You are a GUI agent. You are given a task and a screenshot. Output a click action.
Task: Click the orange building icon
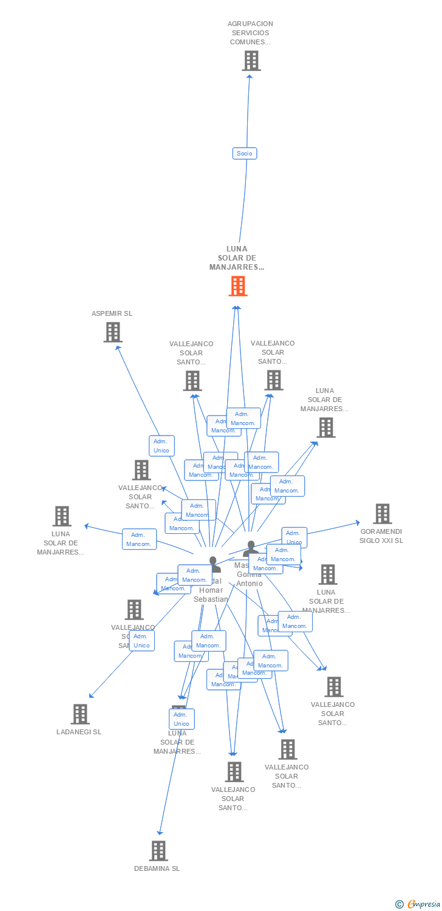pos(238,286)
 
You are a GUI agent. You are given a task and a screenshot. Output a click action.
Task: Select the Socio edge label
pos(245,154)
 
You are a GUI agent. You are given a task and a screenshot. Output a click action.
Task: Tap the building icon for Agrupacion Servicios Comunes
pos(251,61)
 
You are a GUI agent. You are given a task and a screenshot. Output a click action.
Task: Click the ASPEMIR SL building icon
pos(112,332)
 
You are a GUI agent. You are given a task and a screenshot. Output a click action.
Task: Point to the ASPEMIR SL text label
pos(112,314)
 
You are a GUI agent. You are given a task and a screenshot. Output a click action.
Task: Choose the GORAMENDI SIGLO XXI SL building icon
pos(382,514)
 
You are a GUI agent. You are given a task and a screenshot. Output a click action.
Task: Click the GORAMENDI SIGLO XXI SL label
pos(381,536)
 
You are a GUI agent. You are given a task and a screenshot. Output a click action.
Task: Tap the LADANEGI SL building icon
pos(80,714)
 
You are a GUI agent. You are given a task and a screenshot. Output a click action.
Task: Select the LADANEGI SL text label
pos(79,732)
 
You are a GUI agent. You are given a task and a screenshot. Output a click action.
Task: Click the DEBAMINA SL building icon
pos(158,851)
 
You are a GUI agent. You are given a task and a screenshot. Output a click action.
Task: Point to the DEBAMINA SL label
pos(157,868)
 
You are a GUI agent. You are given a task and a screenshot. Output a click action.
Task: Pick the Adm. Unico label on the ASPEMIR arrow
pos(161,446)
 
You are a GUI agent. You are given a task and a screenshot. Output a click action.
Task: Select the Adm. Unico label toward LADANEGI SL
pos(141,641)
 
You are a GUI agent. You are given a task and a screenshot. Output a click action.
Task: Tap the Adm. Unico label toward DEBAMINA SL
pos(182,719)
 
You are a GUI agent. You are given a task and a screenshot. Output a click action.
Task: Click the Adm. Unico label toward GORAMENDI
pos(294,537)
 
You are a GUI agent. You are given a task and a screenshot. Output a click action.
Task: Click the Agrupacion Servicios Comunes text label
pos(250,33)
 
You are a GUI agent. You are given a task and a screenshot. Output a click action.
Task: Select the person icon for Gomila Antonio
pos(250,549)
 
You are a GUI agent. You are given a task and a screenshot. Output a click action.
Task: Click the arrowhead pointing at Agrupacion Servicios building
pos(249,75)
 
